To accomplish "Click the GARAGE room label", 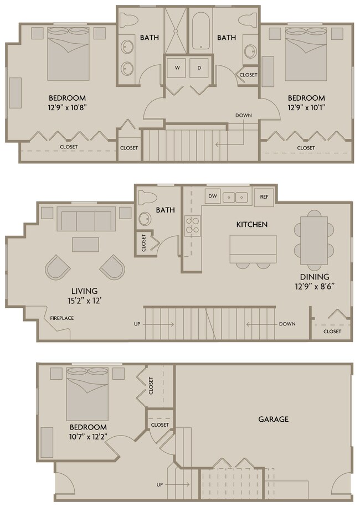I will [x=273, y=419].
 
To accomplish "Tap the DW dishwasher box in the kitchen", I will [x=212, y=196].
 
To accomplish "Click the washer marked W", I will [x=178, y=68].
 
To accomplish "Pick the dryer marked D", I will [x=199, y=68].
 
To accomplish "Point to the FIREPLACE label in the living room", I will [x=61, y=318].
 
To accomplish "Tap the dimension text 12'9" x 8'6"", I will [x=315, y=286].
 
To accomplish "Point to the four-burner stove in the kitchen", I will [x=192, y=226].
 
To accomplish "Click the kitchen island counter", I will [x=253, y=249].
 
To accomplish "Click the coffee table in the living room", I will [x=85, y=245].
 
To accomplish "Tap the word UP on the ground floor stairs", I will [x=160, y=484].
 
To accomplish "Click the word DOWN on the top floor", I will [x=243, y=116].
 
